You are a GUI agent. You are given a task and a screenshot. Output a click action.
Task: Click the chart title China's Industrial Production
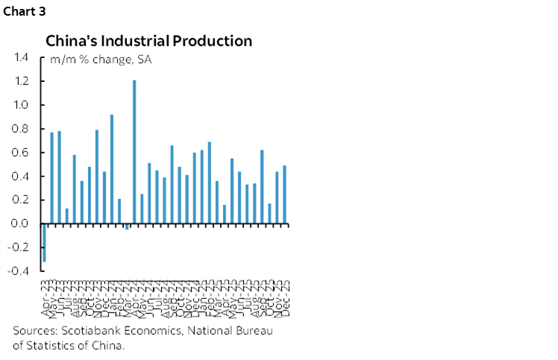149,41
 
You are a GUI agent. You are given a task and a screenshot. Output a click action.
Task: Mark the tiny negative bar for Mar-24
127,227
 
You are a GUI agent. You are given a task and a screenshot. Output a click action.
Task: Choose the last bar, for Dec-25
284,195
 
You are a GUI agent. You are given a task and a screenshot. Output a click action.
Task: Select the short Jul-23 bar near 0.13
66,216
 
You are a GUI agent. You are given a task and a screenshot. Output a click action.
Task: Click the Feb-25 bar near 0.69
210,183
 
